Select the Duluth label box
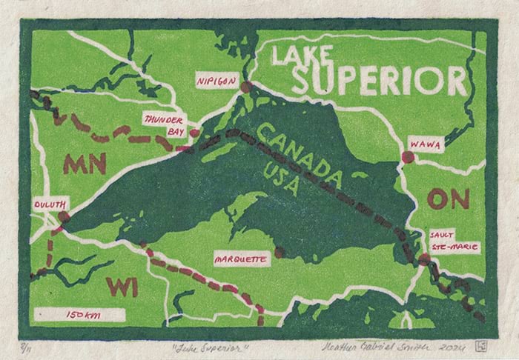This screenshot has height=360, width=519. [51, 203]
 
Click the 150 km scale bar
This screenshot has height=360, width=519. [83, 315]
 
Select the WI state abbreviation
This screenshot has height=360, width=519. [122, 286]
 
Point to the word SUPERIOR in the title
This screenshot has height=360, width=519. [379, 80]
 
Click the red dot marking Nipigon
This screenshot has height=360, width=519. [246, 87]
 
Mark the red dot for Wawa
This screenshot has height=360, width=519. [406, 156]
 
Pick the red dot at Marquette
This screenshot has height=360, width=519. [279, 253]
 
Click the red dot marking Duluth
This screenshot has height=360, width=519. [64, 217]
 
